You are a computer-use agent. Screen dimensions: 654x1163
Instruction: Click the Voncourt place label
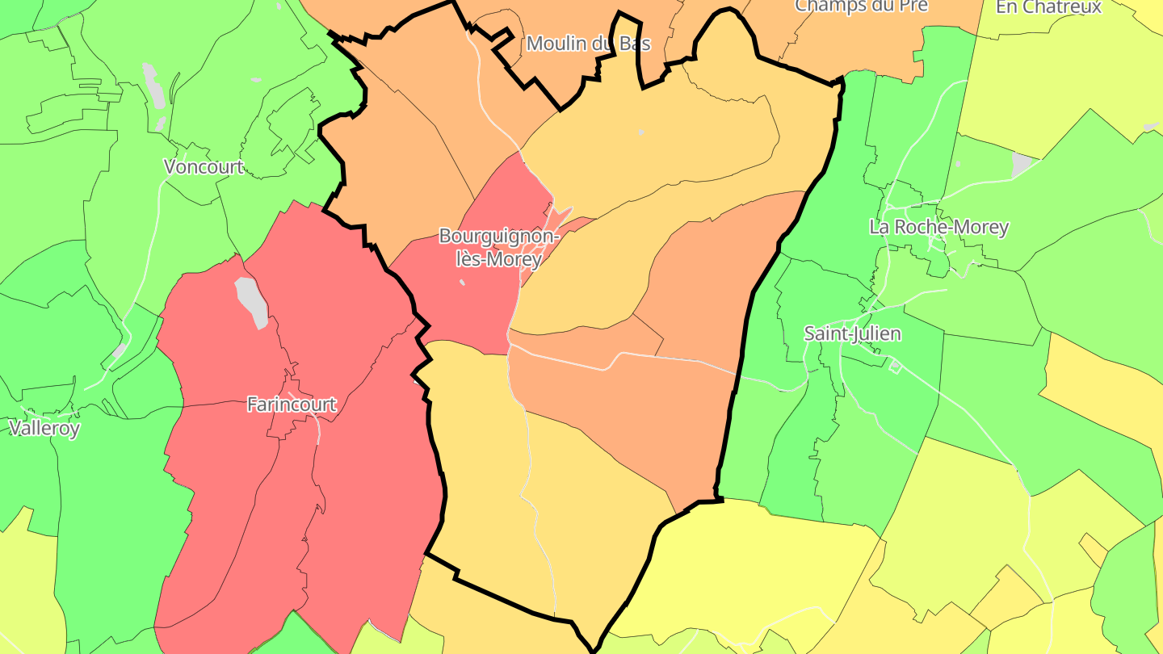[x=204, y=167]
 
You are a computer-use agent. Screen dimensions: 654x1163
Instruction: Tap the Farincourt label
[x=292, y=405]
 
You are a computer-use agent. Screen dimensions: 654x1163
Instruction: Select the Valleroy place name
[x=44, y=428]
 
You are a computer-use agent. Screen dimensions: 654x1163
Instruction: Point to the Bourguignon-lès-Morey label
[x=498, y=247]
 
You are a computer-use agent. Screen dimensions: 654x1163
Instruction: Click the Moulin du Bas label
[x=588, y=44]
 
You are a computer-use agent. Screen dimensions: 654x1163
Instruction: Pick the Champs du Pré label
[x=862, y=6]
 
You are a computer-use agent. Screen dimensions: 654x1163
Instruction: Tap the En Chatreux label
[x=1048, y=7]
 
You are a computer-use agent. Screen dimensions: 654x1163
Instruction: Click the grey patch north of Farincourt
[x=252, y=301]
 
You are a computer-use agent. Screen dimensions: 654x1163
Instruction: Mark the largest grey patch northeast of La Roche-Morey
[x=1022, y=165]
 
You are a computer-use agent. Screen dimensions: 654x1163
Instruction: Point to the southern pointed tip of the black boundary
[x=594, y=648]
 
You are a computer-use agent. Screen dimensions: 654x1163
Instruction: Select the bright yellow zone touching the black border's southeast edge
[x=751, y=565]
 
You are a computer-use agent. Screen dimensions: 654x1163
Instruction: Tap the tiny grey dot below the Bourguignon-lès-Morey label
[x=462, y=283]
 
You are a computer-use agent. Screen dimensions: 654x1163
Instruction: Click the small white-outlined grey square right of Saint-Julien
[x=895, y=367]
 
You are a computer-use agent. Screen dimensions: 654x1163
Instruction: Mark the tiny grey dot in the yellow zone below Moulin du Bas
[x=641, y=132]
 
